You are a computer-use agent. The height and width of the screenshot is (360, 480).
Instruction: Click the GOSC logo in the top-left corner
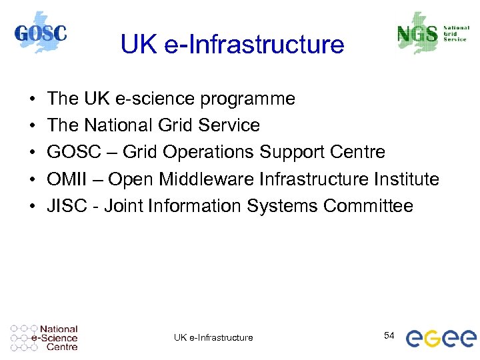point(41,33)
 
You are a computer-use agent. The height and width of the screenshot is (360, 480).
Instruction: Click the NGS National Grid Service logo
point(431,33)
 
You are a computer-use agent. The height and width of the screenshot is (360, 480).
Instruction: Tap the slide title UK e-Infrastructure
point(232,45)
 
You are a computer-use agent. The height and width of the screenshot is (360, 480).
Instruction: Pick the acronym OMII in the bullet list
point(67,179)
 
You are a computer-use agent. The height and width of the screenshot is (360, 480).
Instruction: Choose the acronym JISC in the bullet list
point(65,206)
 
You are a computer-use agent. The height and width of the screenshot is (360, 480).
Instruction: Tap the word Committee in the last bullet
point(368,206)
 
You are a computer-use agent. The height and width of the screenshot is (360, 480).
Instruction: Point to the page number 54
point(390,335)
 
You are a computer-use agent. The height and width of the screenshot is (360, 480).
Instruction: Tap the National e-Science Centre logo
point(45,338)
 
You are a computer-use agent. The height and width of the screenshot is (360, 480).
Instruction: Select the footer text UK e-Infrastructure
point(213,338)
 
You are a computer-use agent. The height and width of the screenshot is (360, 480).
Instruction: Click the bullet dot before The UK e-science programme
point(33,100)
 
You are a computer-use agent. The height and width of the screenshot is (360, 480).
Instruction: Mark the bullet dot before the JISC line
point(33,207)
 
